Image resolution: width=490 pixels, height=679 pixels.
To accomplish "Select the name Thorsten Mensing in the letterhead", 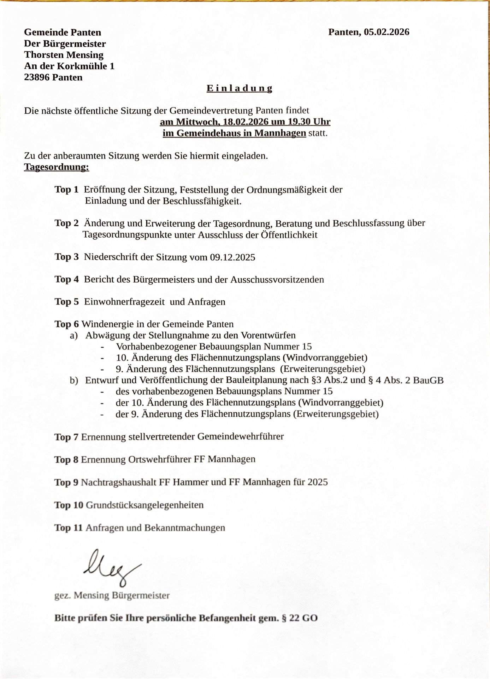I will pyautogui.click(x=64, y=55).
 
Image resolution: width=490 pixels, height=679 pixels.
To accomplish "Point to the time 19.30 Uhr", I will pyautogui.click(x=309, y=122).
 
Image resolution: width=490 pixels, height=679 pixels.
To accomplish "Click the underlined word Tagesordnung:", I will pyautogui.click(x=57, y=167).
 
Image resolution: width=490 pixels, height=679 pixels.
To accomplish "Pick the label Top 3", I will pyautogui.click(x=66, y=257).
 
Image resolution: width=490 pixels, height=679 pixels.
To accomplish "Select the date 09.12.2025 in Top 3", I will pyautogui.click(x=232, y=257).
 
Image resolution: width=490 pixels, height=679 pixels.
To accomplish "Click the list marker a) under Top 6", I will pyautogui.click(x=74, y=335).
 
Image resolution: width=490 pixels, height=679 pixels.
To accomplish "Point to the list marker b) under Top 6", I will pyautogui.click(x=74, y=380).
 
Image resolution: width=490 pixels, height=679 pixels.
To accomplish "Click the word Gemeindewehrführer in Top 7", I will pyautogui.click(x=240, y=436).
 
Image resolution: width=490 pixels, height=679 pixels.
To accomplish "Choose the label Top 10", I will pyautogui.click(x=69, y=505).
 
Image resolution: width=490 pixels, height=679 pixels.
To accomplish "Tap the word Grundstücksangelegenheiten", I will pyautogui.click(x=144, y=505).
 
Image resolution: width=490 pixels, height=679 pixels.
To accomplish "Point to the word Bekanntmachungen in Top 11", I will pyautogui.click(x=184, y=528).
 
